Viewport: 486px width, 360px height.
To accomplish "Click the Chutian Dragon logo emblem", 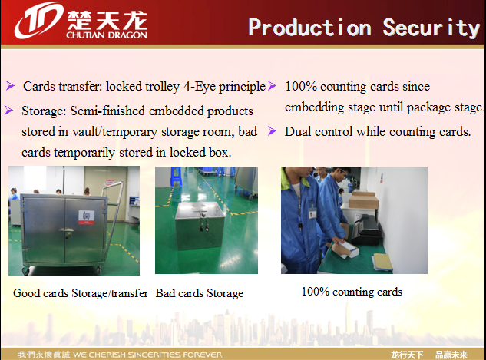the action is [x=38, y=21].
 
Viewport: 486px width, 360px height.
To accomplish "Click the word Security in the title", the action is [x=431, y=28].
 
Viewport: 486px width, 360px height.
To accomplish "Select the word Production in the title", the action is [x=309, y=28].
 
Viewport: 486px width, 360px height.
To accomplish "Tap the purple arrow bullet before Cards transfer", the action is [x=10, y=85].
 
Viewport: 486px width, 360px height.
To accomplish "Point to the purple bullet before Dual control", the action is [x=272, y=131].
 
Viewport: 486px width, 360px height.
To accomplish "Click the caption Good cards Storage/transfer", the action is [x=81, y=293].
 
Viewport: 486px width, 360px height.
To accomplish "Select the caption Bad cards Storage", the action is [x=200, y=293].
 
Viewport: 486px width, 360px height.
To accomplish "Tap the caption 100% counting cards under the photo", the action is [x=352, y=292].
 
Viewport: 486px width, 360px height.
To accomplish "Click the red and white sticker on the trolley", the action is [x=86, y=217].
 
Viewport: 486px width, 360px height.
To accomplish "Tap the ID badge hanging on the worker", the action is [x=312, y=213].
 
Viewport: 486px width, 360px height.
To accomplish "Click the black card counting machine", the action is [x=365, y=229].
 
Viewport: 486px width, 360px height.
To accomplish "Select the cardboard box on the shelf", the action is [x=363, y=200].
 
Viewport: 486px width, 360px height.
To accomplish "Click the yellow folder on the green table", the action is [x=383, y=262].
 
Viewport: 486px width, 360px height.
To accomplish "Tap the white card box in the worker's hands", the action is [x=345, y=249].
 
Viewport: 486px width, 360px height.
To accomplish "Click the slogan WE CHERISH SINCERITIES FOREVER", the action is [x=148, y=355].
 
